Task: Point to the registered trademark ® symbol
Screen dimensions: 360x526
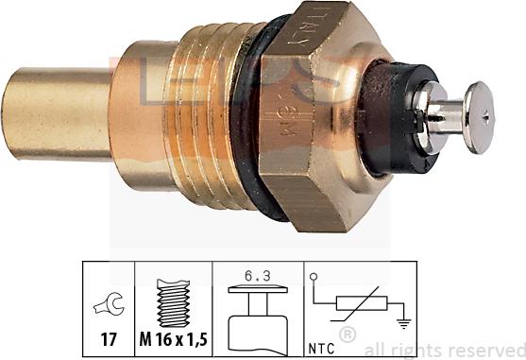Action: coord(348,333)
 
